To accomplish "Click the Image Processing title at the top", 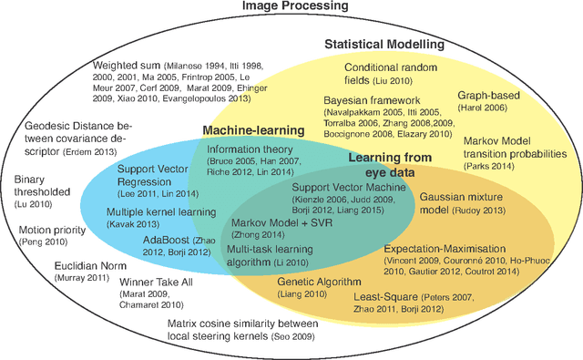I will pyautogui.click(x=291, y=7).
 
